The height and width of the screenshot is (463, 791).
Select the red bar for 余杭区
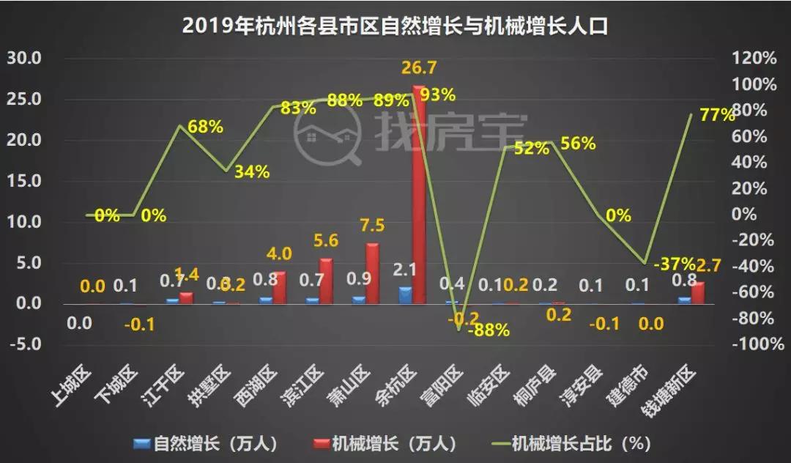418,195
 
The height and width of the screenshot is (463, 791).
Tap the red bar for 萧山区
372,273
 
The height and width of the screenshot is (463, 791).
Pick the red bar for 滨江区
326,281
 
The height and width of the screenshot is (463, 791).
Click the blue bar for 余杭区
405,295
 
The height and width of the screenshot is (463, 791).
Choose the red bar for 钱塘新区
697,292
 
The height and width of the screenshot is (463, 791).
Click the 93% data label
438,95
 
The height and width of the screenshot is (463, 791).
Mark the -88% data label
489,330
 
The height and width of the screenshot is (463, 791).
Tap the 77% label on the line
716,114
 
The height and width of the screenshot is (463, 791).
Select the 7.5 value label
372,225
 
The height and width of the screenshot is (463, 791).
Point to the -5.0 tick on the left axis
26,344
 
